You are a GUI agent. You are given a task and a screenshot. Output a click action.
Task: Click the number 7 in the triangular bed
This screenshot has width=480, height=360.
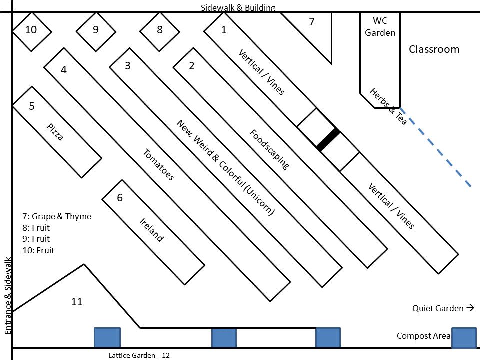pyautogui.click(x=312, y=22)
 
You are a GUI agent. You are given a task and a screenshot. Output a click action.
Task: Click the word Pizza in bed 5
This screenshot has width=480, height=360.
pyautogui.click(x=55, y=131)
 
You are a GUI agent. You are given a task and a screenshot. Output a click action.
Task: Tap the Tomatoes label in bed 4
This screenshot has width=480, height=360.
pyautogui.click(x=158, y=165)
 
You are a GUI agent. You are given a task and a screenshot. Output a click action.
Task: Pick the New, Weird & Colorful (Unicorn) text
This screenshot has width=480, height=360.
pyautogui.click(x=226, y=167)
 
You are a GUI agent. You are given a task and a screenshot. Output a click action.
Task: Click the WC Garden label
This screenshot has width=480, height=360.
pyautogui.click(x=380, y=27)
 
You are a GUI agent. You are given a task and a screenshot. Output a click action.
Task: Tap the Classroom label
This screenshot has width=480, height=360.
pyautogui.click(x=434, y=49)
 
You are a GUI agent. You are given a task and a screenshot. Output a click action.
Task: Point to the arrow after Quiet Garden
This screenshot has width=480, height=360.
pyautogui.click(x=470, y=308)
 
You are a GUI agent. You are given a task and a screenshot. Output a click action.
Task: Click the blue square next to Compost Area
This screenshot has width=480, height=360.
pyautogui.click(x=464, y=338)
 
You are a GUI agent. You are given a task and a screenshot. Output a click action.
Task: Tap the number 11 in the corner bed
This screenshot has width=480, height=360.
pyautogui.click(x=77, y=302)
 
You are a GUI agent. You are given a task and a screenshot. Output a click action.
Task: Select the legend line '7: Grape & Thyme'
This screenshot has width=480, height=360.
pyautogui.click(x=57, y=217)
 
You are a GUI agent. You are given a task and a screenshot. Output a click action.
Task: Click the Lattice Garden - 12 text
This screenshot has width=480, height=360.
pyautogui.click(x=139, y=355)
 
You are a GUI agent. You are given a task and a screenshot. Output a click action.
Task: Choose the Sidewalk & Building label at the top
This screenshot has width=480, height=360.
pyautogui.click(x=238, y=8)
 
